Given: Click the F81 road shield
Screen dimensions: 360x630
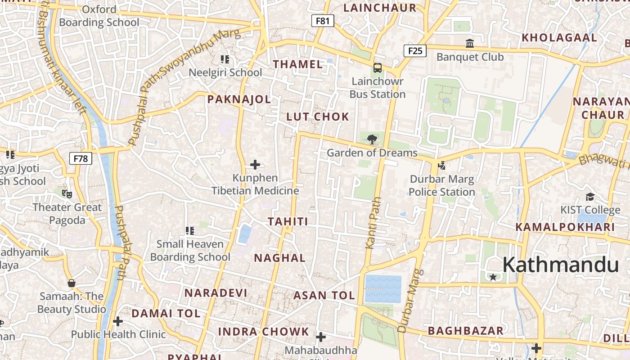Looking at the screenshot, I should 323,20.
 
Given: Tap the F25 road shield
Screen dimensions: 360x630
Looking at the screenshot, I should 415,50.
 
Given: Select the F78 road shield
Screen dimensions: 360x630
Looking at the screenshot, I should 81,158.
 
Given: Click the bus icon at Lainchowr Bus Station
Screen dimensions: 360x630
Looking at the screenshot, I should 377,68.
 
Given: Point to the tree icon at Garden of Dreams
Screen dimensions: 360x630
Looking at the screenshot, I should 372,139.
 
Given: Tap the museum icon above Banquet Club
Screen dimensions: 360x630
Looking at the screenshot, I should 470,44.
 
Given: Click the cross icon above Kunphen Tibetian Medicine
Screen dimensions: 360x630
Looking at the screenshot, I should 255,165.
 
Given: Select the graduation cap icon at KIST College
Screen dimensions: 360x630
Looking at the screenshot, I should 590,197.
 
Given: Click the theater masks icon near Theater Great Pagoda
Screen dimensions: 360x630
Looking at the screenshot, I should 67,194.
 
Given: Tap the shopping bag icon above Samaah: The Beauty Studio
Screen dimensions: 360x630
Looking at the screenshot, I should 71,283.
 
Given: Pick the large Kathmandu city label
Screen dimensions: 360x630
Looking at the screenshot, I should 560,265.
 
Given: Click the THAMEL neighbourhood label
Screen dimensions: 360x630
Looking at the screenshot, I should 298,64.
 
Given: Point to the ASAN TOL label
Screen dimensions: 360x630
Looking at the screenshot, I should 324,296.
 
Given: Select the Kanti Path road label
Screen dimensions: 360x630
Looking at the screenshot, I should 373,223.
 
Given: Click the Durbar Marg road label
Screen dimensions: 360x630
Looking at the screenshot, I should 410,301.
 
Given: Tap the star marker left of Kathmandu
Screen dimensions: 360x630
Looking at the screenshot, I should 493,277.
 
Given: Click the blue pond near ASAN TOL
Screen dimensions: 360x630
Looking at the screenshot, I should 383,288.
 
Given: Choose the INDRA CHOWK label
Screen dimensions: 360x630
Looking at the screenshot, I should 264,332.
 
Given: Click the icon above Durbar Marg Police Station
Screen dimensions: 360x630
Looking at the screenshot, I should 441,165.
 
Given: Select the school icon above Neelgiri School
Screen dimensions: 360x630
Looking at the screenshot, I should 225,59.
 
